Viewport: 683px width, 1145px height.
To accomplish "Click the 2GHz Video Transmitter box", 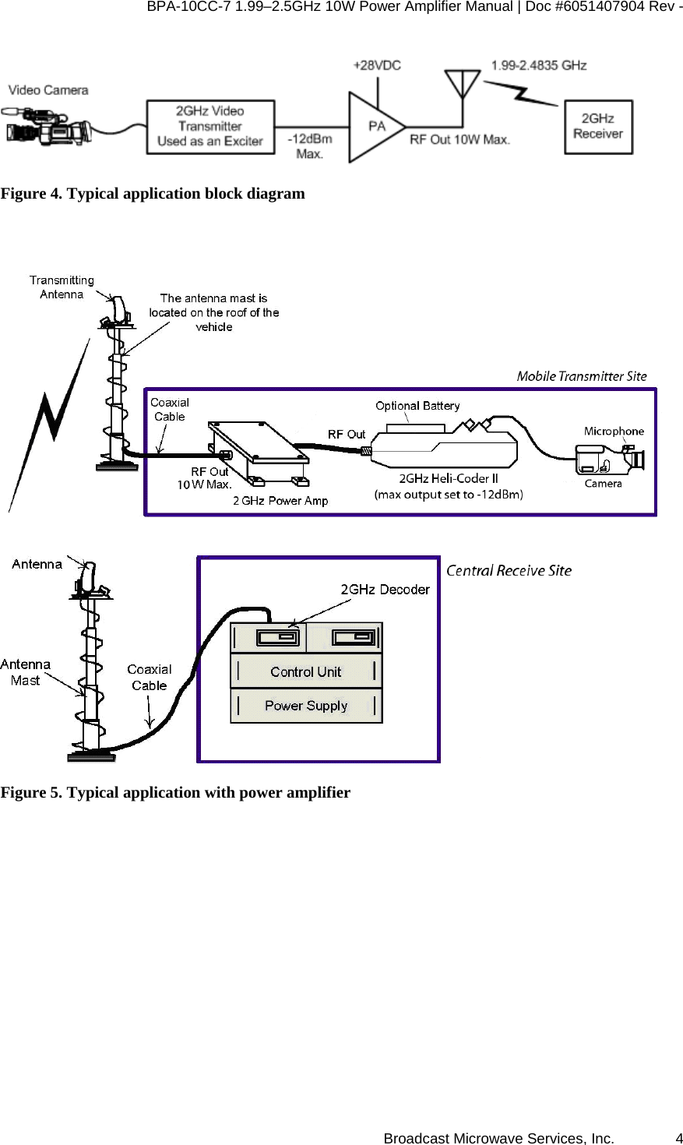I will pos(210,126).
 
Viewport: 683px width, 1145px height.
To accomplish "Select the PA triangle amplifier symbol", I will pos(375,126).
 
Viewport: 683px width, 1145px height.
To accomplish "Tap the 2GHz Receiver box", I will pos(597,126).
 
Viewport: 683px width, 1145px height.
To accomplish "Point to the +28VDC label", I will pos(377,65).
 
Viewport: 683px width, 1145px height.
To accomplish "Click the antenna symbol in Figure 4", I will pos(463,83).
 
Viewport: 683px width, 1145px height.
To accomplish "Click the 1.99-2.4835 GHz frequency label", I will pos(539,65).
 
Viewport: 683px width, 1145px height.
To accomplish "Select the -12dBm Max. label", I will pos(309,146).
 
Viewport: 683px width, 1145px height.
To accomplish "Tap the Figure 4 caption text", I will pos(153,193).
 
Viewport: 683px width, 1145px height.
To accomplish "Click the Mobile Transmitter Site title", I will pos(582,376).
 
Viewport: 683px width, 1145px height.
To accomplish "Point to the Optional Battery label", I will pos(417,406).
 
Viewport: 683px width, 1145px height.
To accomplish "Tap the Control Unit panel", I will pos(306,671).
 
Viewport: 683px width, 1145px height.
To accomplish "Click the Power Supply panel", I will pos(306,706).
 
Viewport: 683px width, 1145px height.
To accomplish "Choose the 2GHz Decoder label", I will pos(385,589).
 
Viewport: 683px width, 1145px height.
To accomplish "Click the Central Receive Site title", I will pos(509,570).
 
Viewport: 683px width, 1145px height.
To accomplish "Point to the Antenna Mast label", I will pos(26,672).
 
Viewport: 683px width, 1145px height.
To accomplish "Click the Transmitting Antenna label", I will pos(62,287).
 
